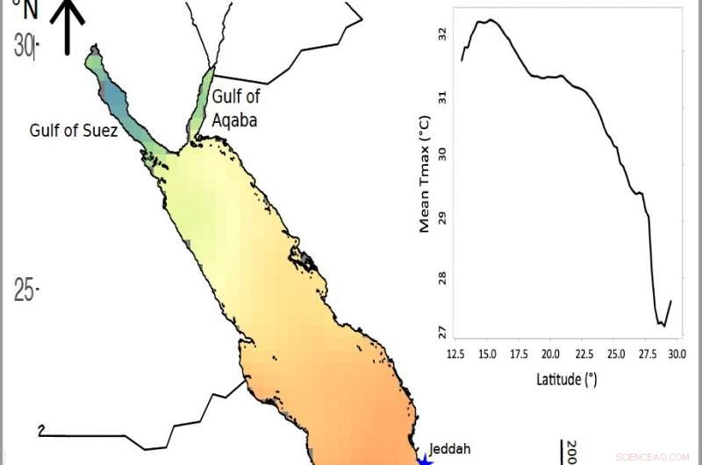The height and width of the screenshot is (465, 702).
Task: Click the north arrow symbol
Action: click(x=70, y=26)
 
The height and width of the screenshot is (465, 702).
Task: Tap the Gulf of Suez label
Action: click(x=74, y=131)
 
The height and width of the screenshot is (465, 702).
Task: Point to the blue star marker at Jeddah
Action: click(x=426, y=459)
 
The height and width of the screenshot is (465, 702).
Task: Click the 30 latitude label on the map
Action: click(x=25, y=46)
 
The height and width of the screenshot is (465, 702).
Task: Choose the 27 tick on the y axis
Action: click(x=443, y=332)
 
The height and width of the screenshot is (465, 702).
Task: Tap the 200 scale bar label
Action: click(x=571, y=451)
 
